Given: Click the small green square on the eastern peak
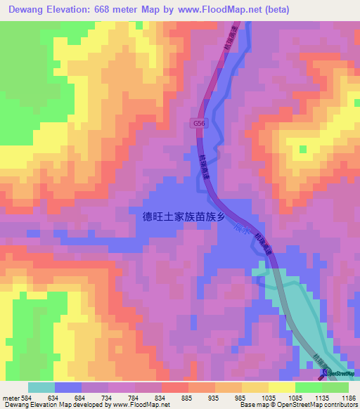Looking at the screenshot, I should click(303, 149).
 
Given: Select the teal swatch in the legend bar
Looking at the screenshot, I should click(41, 387).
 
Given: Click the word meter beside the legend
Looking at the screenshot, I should click(11, 398).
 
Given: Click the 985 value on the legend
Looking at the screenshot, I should click(240, 398).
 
